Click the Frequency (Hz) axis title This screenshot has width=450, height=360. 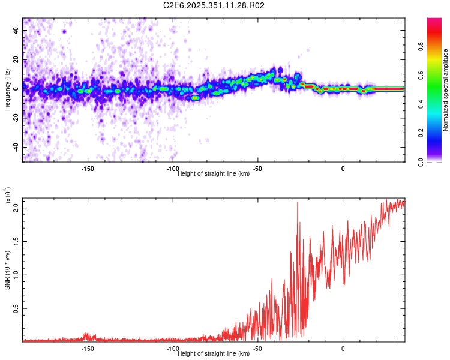(8, 90)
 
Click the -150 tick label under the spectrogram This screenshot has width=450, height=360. (88, 169)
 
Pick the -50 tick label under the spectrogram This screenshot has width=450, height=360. (257, 169)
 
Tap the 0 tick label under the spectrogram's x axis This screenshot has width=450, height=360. (343, 169)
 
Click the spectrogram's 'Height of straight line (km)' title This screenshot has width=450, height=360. (214, 174)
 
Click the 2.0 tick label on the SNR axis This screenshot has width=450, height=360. (16, 208)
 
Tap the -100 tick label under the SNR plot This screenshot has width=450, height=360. (173, 349)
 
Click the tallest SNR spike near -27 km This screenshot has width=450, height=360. (298, 203)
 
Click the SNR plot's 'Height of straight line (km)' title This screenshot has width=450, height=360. (214, 354)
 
